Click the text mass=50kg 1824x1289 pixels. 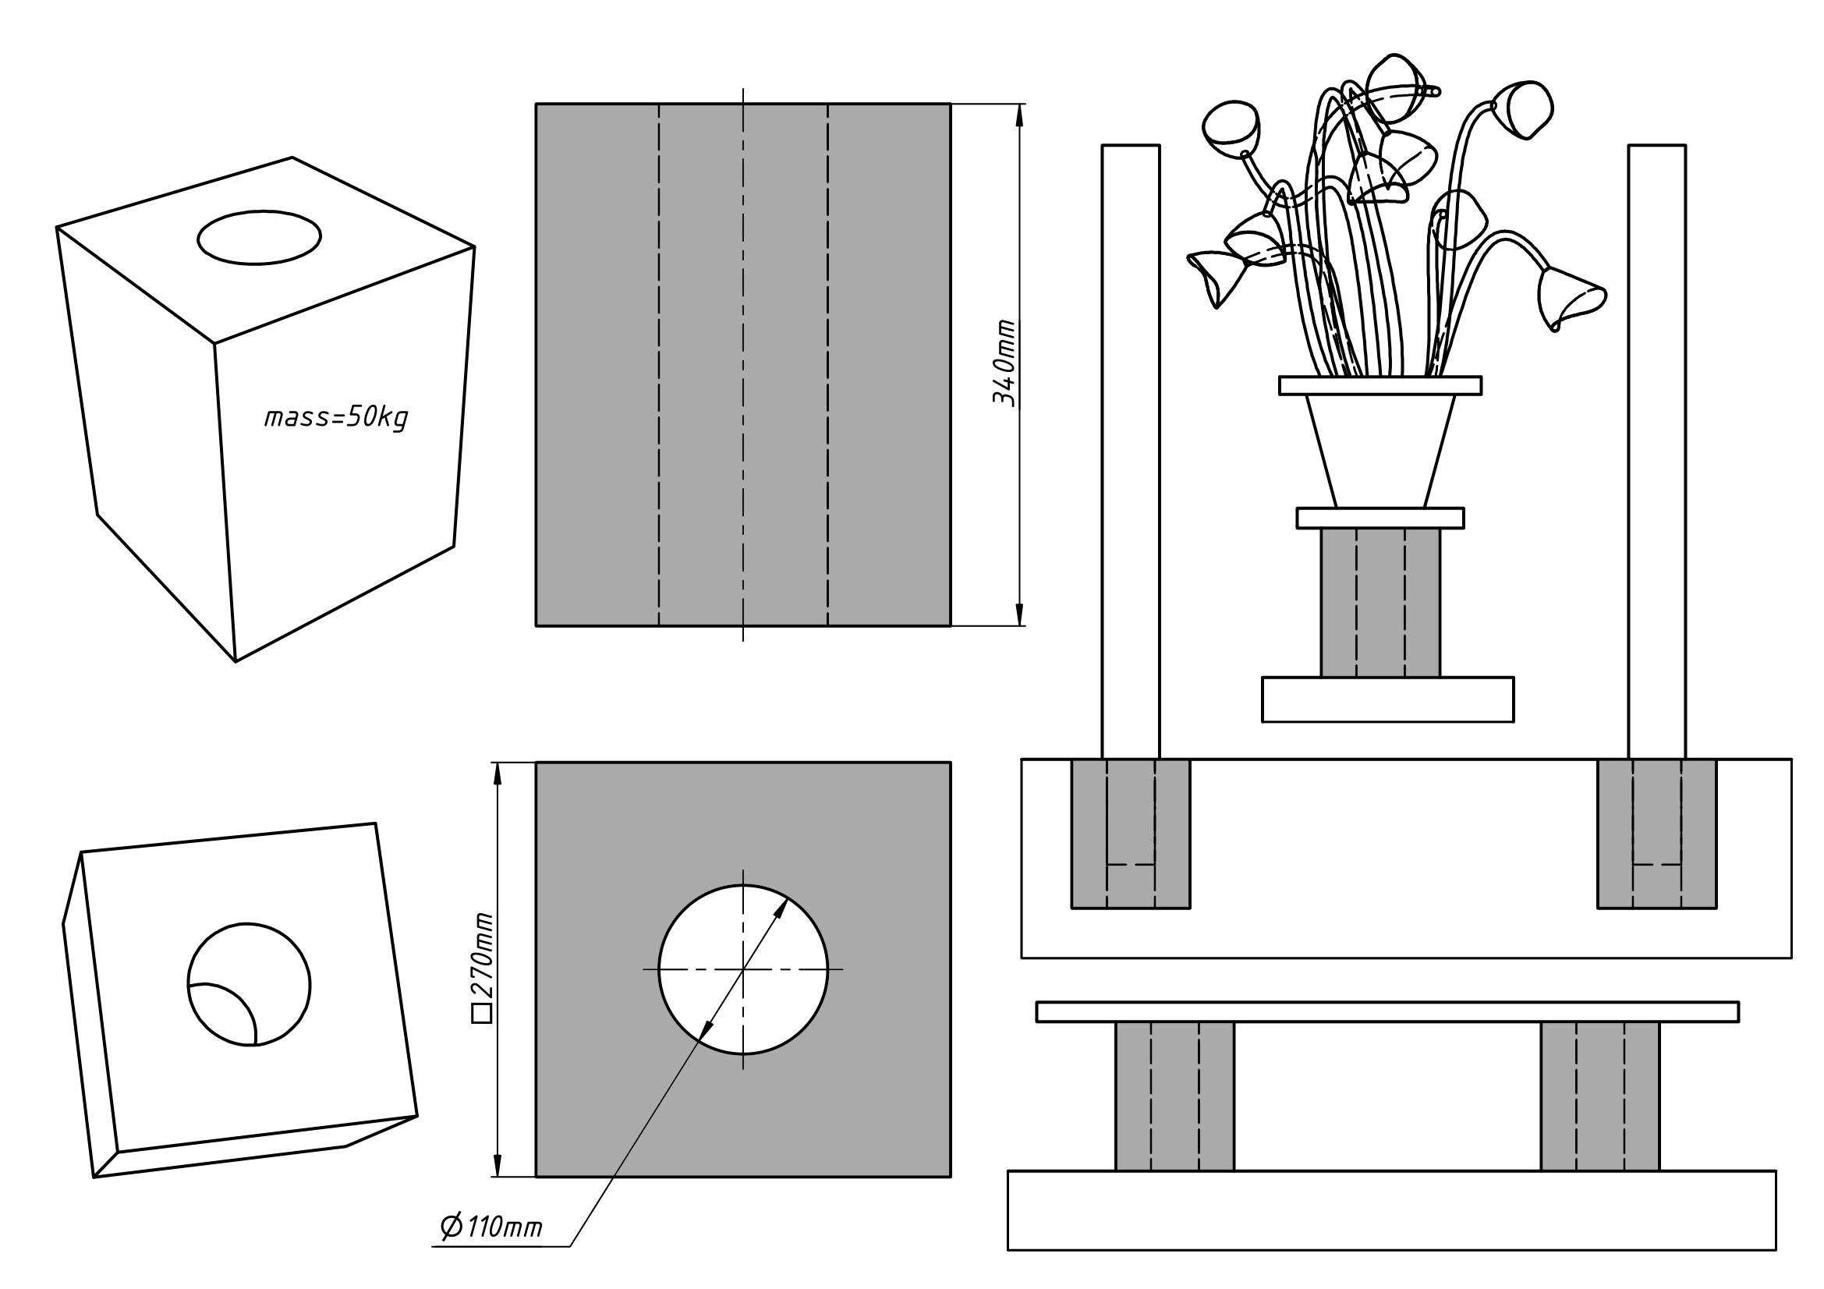[336, 418]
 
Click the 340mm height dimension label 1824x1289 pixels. [1004, 363]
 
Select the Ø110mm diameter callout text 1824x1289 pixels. [492, 1227]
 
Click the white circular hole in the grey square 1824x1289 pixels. [743, 970]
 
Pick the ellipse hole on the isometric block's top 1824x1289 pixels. [259, 238]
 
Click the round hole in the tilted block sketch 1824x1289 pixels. [249, 985]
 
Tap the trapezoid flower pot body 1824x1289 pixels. [1380, 451]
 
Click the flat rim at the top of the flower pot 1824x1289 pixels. [1380, 385]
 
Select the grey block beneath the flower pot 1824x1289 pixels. [1380, 603]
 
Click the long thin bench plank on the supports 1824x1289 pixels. [1387, 1012]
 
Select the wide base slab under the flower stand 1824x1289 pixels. [1387, 699]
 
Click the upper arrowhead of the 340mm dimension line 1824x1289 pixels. [1019, 115]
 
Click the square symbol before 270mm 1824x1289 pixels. [482, 1015]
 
